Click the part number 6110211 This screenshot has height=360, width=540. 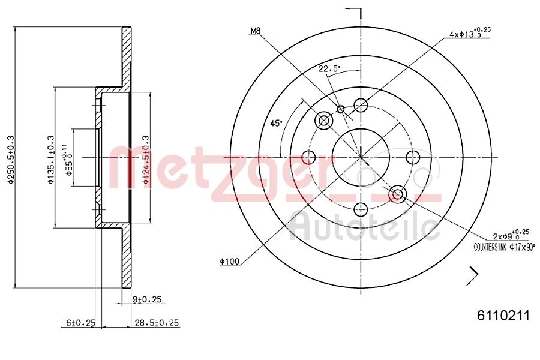pyautogui.click(x=503, y=316)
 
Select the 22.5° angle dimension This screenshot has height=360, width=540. pyautogui.click(x=329, y=69)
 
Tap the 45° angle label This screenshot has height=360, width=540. pyautogui.click(x=276, y=124)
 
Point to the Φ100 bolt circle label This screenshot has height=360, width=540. pyautogui.click(x=229, y=261)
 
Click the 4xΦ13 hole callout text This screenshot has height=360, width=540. pyautogui.click(x=470, y=34)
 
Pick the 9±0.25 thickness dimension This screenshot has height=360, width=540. pyautogui.click(x=148, y=299)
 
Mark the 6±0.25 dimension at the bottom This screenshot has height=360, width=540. pyautogui.click(x=80, y=323)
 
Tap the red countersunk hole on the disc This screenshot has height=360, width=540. pyautogui.click(x=398, y=194)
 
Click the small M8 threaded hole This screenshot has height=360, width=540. pyautogui.click(x=341, y=109)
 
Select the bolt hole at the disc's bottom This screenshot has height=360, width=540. pyautogui.click(x=361, y=209)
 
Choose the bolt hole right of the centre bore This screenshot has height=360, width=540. pyautogui.click(x=413, y=157)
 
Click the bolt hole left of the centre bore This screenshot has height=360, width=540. pyautogui.click(x=308, y=158)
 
